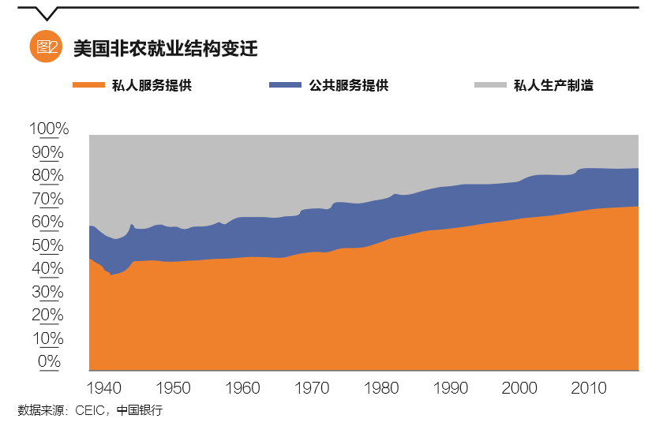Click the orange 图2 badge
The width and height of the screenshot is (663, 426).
point(46,47)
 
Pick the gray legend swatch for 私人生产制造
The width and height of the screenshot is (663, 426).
point(489,85)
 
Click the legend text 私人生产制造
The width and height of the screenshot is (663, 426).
point(553,85)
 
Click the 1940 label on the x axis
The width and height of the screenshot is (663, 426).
point(104,388)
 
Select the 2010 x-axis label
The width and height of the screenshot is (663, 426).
point(588,388)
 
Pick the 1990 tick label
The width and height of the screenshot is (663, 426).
point(451,388)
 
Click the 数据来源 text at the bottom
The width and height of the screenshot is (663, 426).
point(39,411)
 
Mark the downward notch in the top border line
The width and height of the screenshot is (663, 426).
point(47,13)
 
